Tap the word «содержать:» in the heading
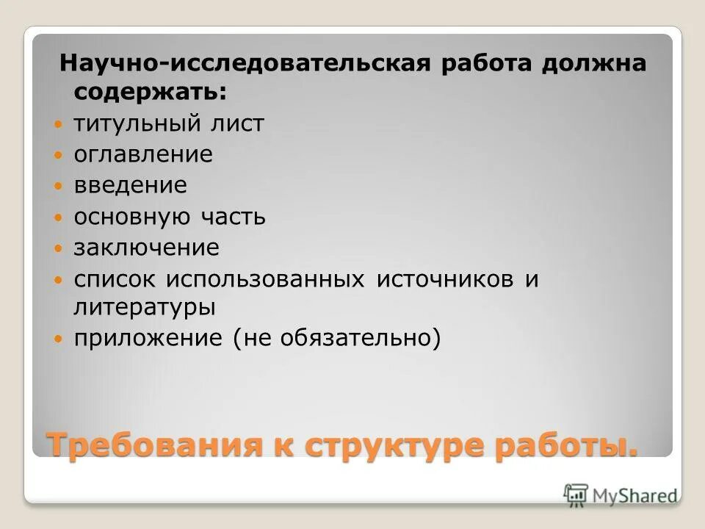[150, 93]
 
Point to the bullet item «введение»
[130, 185]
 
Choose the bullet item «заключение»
[146, 248]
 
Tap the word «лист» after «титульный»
[236, 123]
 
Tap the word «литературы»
[144, 307]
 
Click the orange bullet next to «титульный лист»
[59, 125]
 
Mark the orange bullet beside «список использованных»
[59, 280]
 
